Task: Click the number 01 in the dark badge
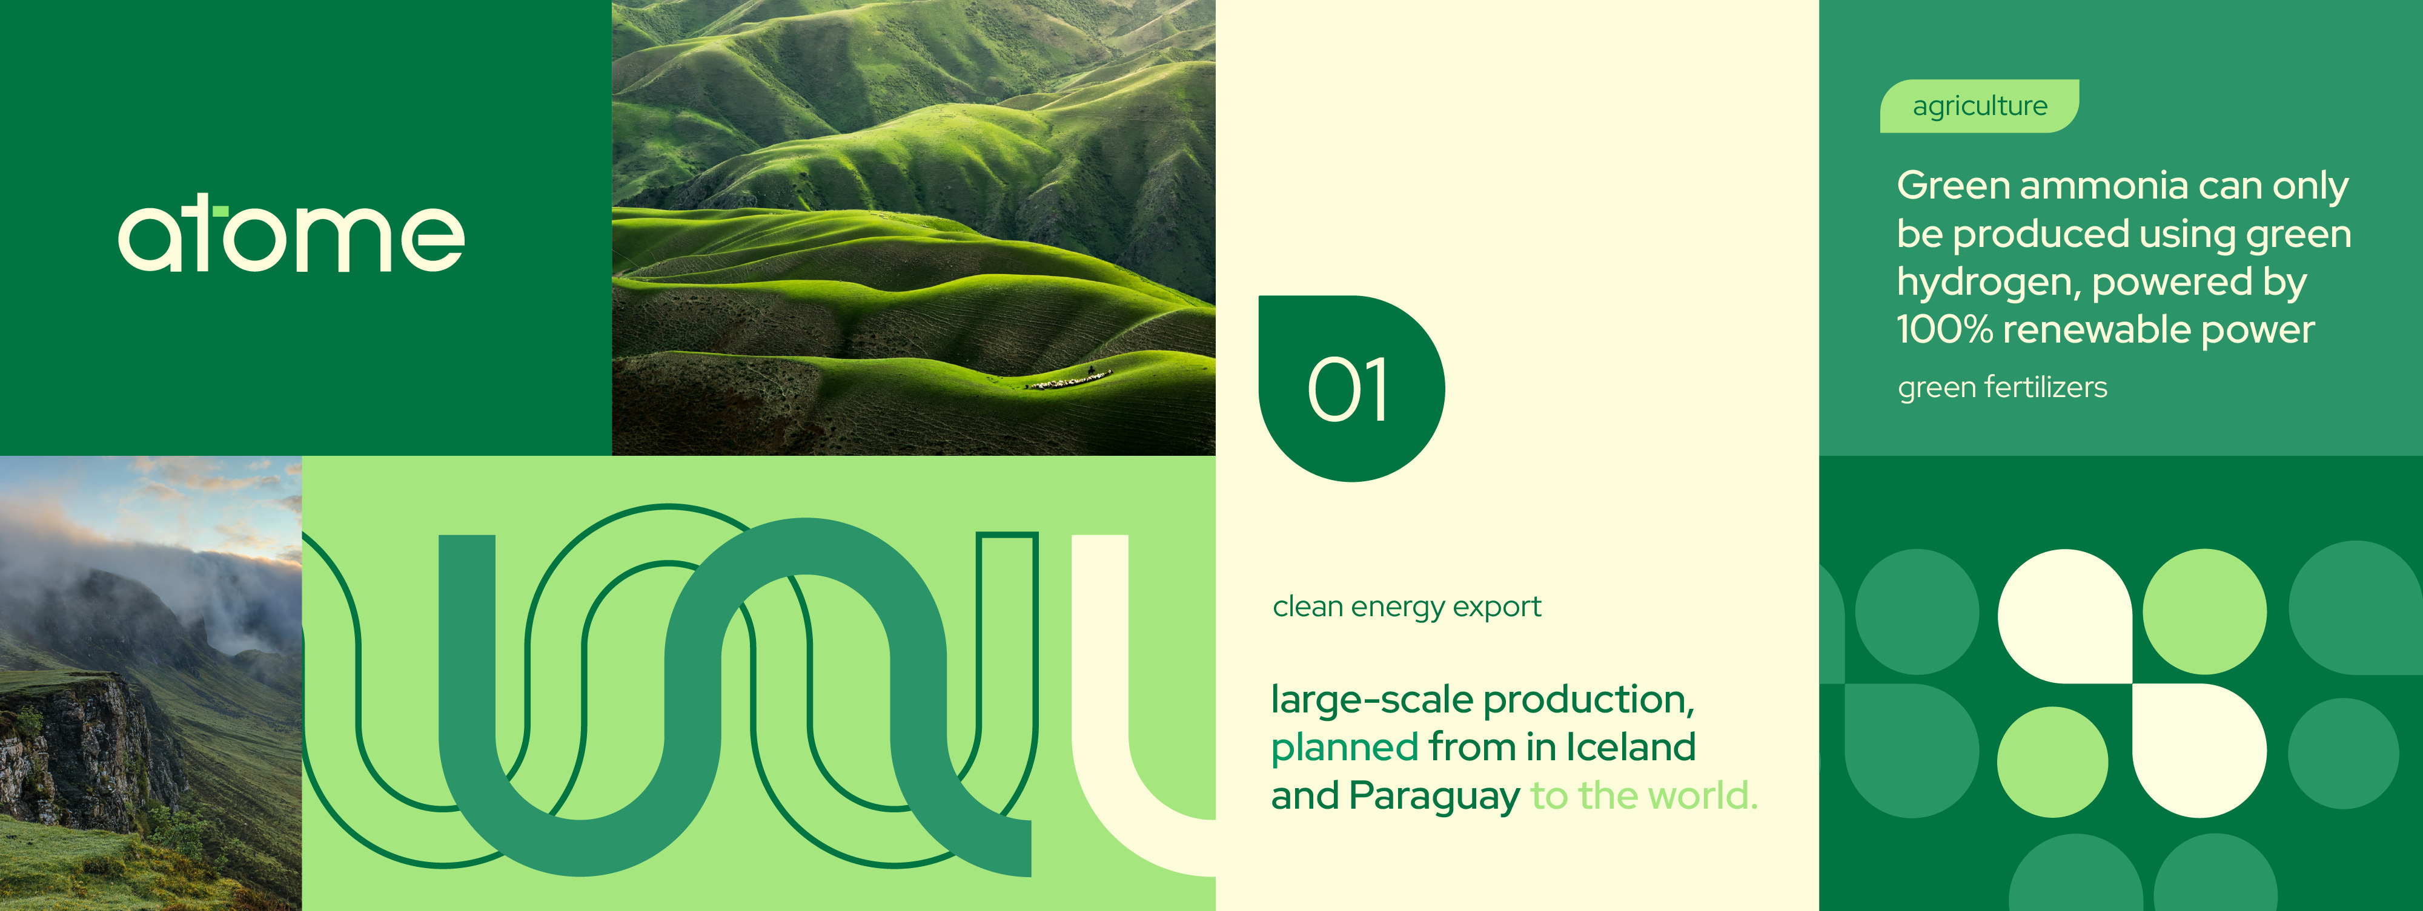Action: tap(1347, 389)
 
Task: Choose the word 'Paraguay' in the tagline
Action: tap(1434, 797)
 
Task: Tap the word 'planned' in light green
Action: tap(1344, 748)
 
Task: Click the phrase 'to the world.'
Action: tap(1644, 795)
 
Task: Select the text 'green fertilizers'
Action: tap(2003, 387)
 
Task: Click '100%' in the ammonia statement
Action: tap(1943, 329)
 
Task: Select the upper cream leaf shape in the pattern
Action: tap(2064, 616)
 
